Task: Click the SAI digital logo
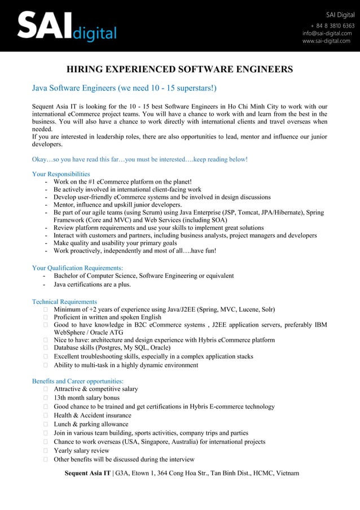pyautogui.click(x=67, y=27)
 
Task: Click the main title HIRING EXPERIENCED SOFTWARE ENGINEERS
pyautogui.click(x=179, y=69)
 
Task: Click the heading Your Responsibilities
pyautogui.click(x=61, y=174)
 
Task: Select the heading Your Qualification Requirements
pyautogui.click(x=78, y=268)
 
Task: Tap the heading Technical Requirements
pyautogui.click(x=64, y=302)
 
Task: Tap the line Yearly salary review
pyautogui.click(x=81, y=451)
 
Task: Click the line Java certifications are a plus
pyautogui.click(x=92, y=285)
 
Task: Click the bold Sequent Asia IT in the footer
pyautogui.click(x=88, y=473)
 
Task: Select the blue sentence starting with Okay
pyautogui.click(x=139, y=159)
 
